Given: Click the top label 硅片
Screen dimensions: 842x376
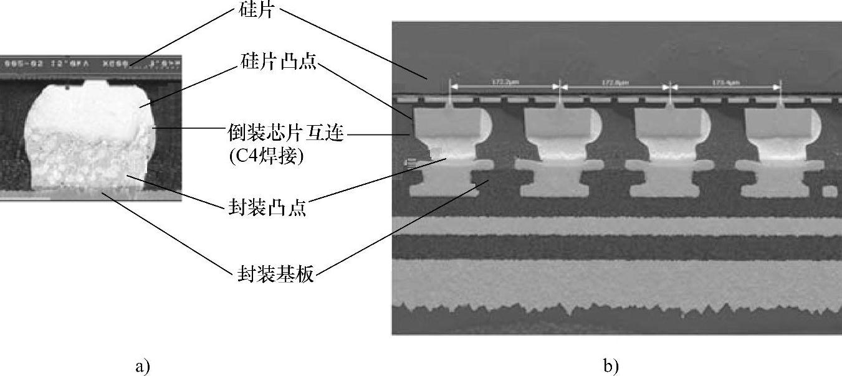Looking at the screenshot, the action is click(x=256, y=10).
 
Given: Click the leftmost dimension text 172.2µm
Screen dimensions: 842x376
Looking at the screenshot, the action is click(x=505, y=82).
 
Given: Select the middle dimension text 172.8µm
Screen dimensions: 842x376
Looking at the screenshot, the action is click(x=615, y=82).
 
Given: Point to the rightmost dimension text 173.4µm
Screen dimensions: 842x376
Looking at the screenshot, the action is click(x=725, y=82).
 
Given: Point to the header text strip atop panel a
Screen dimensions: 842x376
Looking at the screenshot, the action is click(x=90, y=63).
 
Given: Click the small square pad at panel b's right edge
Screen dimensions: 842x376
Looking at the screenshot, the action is click(x=830, y=190).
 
